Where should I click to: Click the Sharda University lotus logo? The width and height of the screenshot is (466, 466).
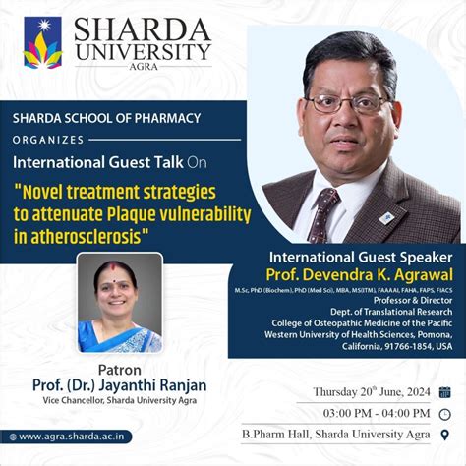[42, 42]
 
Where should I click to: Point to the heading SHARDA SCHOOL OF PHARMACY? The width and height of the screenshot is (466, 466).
[106, 118]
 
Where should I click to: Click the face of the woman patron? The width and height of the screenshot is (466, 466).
[115, 286]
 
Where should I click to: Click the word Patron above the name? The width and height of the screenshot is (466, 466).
[118, 371]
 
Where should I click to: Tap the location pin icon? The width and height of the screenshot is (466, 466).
[444, 434]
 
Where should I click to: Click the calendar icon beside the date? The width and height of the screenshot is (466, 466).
[444, 391]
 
